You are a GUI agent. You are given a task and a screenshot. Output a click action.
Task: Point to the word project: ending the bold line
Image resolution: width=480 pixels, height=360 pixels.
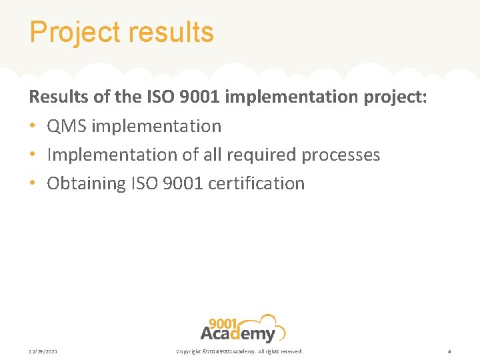395,97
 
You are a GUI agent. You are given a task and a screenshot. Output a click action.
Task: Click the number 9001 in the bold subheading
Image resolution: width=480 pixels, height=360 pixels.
200,97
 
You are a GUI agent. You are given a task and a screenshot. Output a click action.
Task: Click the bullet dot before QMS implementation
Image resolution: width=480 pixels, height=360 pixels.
33,126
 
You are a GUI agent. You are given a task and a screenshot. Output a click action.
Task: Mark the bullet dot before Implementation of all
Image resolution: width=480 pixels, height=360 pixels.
33,155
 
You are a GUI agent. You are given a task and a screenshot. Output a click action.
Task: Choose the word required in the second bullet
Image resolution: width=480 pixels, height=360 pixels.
261,155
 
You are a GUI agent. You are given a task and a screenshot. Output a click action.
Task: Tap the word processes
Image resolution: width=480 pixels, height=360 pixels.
341,155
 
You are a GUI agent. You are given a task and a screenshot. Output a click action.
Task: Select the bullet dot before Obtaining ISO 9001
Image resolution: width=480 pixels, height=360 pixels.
33,183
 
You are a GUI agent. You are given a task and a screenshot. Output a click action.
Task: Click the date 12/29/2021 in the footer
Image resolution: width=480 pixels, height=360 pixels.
43,351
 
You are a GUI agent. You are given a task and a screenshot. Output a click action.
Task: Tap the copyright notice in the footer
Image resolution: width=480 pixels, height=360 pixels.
239,351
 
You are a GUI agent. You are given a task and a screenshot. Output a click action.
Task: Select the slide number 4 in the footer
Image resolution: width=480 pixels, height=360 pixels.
449,351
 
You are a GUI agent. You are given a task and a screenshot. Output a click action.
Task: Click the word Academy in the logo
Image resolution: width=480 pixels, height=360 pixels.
238,333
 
